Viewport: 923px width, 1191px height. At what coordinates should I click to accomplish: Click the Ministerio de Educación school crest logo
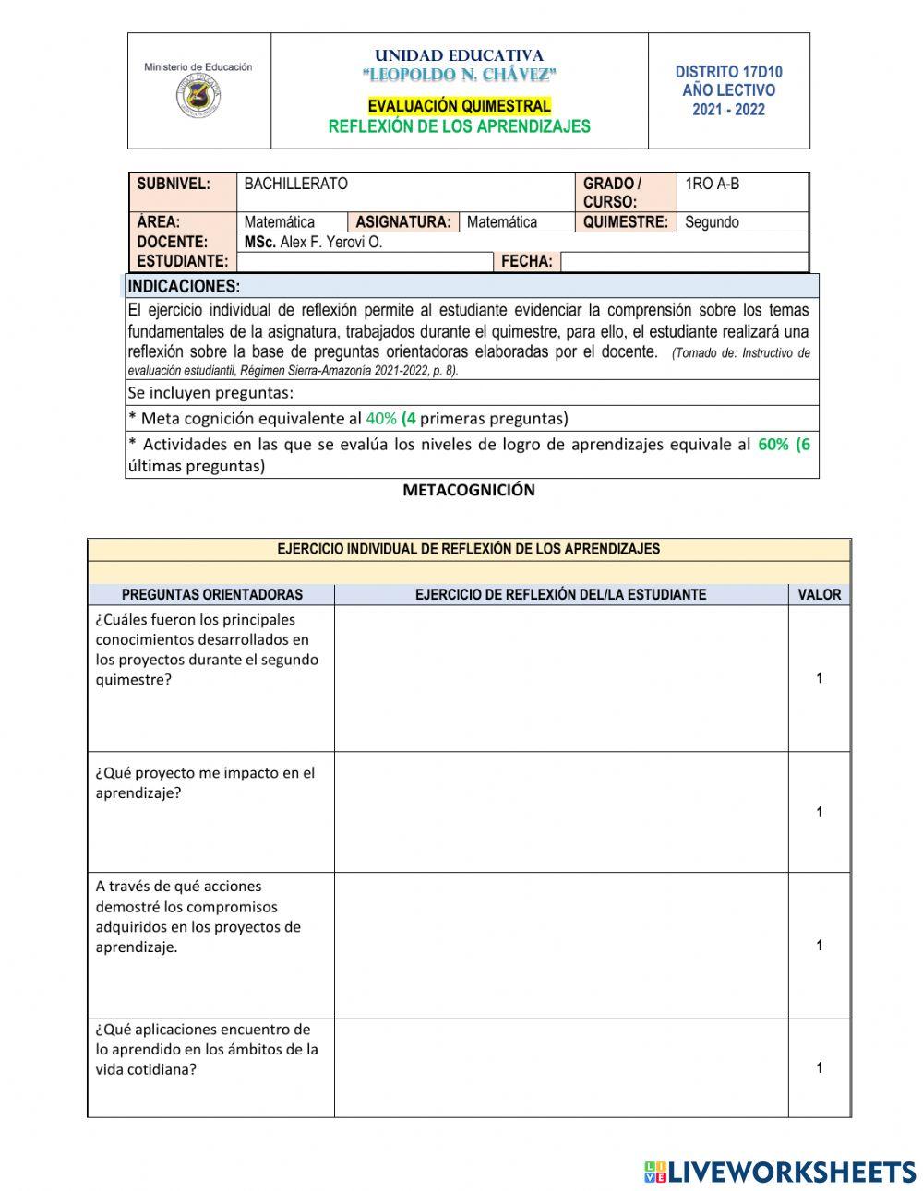point(198,95)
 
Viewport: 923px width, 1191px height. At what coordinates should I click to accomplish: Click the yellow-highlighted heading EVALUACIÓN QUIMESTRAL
point(459,106)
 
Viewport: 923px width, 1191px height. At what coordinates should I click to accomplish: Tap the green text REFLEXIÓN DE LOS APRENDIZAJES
point(459,126)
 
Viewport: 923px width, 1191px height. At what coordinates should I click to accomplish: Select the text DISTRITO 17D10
point(728,72)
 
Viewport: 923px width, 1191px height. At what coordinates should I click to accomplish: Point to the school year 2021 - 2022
point(728,110)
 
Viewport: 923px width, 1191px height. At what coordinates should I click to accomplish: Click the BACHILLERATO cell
point(295,184)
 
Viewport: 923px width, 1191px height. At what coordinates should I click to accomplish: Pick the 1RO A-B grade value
point(712,184)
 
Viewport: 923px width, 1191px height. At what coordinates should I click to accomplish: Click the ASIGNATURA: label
point(402,222)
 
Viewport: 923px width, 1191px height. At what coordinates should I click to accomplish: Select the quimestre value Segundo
point(711,222)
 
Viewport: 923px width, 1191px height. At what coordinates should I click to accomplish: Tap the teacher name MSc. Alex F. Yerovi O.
point(313,242)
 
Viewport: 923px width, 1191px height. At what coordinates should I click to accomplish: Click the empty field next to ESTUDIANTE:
point(365,262)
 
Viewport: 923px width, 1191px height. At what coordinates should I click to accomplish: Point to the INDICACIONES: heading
point(184,286)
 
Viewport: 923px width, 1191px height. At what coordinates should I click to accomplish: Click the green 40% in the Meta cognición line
point(381,418)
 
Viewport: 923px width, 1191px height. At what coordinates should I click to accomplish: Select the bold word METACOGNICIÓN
point(468,490)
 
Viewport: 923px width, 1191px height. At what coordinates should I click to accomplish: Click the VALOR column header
point(819,595)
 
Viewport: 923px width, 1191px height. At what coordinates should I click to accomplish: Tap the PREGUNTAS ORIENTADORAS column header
point(211,595)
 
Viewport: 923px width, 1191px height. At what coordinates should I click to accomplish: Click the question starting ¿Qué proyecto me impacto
point(205,782)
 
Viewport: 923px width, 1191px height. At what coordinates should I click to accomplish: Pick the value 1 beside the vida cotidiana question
point(819,1068)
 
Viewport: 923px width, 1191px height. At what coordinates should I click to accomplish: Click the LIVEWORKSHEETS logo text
point(792,1172)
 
